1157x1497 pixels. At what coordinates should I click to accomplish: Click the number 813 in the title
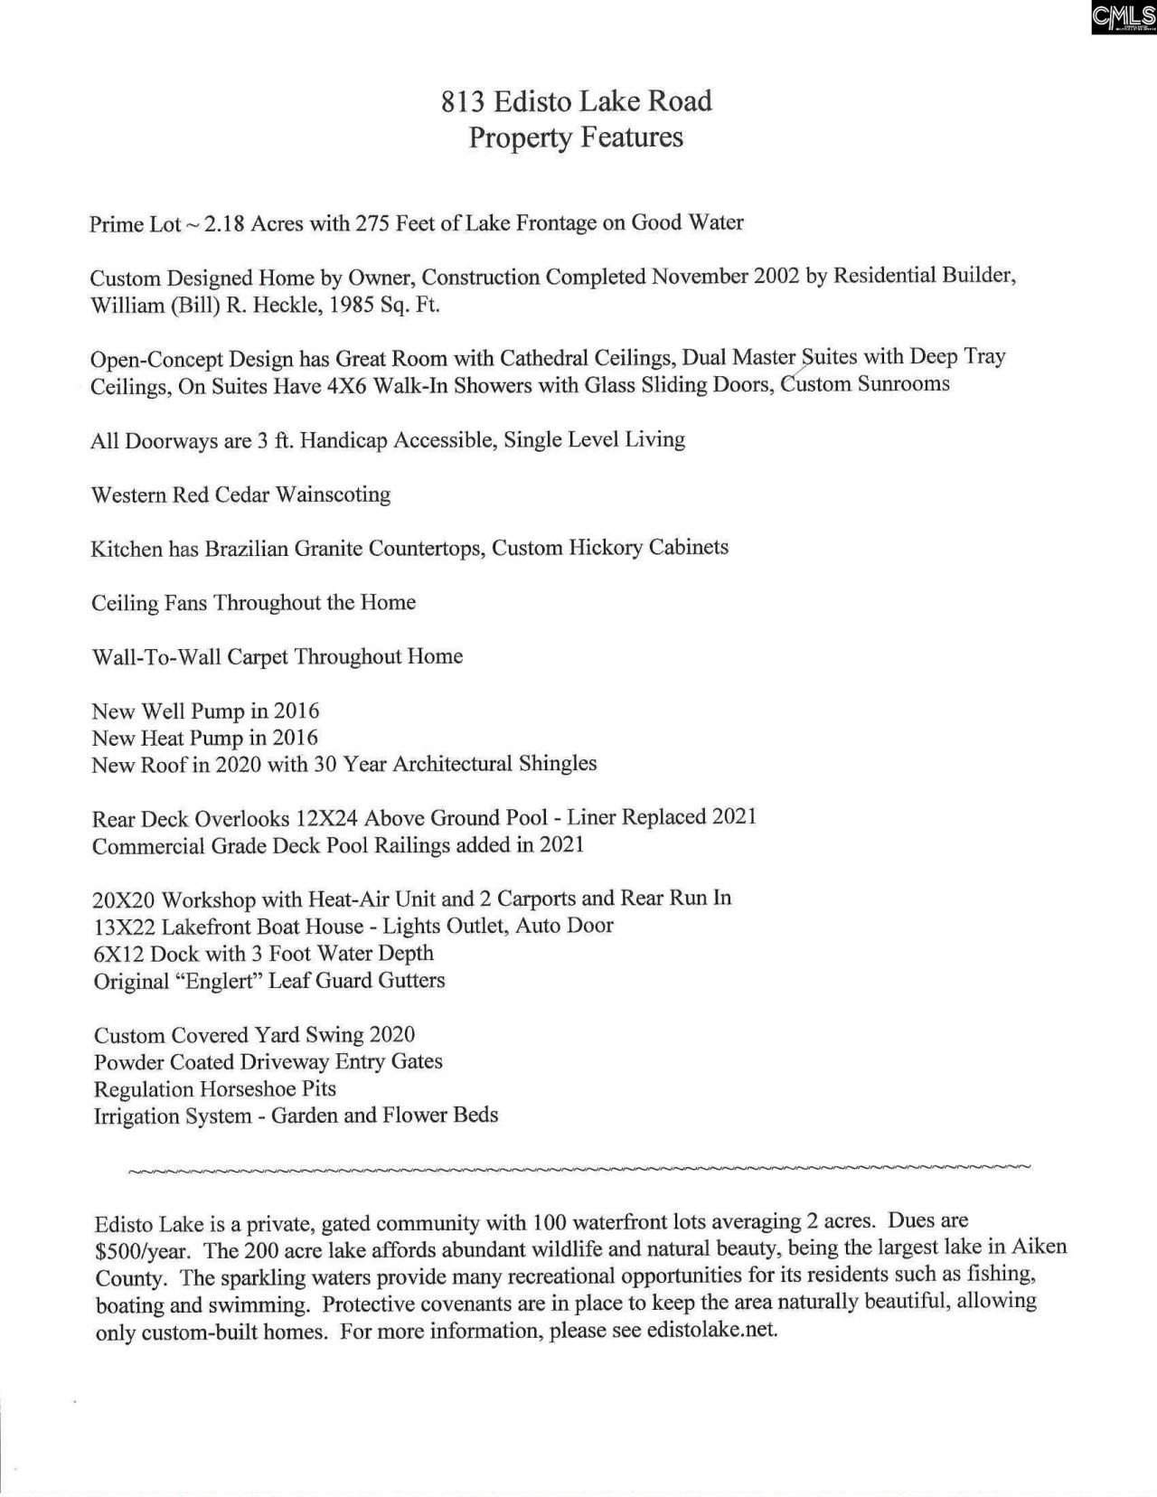point(460,101)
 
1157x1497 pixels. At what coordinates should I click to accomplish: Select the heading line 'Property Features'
point(576,137)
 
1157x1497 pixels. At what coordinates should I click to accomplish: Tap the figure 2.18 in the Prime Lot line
point(224,223)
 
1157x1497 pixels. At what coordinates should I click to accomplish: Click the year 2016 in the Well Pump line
point(296,711)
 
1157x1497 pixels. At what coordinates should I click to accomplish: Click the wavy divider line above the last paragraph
point(578,1170)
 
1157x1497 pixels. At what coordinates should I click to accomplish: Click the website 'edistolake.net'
point(711,1331)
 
